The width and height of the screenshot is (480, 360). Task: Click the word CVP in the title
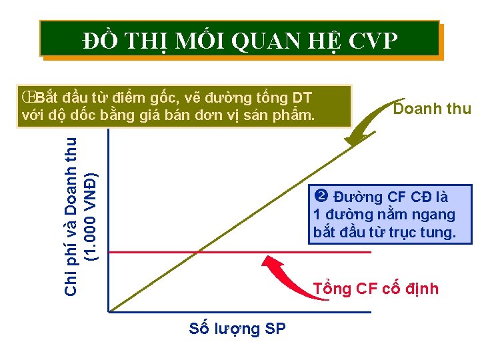click(372, 42)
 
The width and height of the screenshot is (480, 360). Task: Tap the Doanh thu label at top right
click(432, 109)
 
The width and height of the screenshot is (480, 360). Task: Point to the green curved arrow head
click(349, 142)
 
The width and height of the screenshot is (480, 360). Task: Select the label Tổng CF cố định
click(376, 289)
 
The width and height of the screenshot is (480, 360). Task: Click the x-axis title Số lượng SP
click(237, 328)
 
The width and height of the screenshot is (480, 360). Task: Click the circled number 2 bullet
click(320, 197)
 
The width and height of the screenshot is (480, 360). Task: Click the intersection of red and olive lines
click(198, 253)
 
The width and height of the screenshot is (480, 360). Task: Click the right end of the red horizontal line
click(369, 253)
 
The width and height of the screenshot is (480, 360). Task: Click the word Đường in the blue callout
click(357, 197)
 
